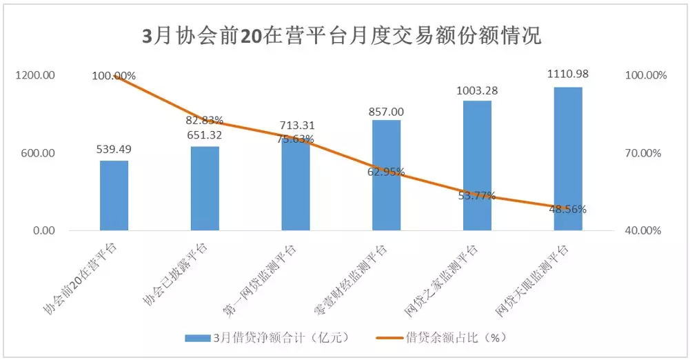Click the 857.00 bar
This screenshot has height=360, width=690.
386,175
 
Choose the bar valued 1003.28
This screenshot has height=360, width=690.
477,166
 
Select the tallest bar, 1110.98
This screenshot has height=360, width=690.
568,159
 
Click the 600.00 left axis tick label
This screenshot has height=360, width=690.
38,153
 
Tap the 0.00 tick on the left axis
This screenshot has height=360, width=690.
42,230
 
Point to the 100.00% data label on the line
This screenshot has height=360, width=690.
114,75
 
